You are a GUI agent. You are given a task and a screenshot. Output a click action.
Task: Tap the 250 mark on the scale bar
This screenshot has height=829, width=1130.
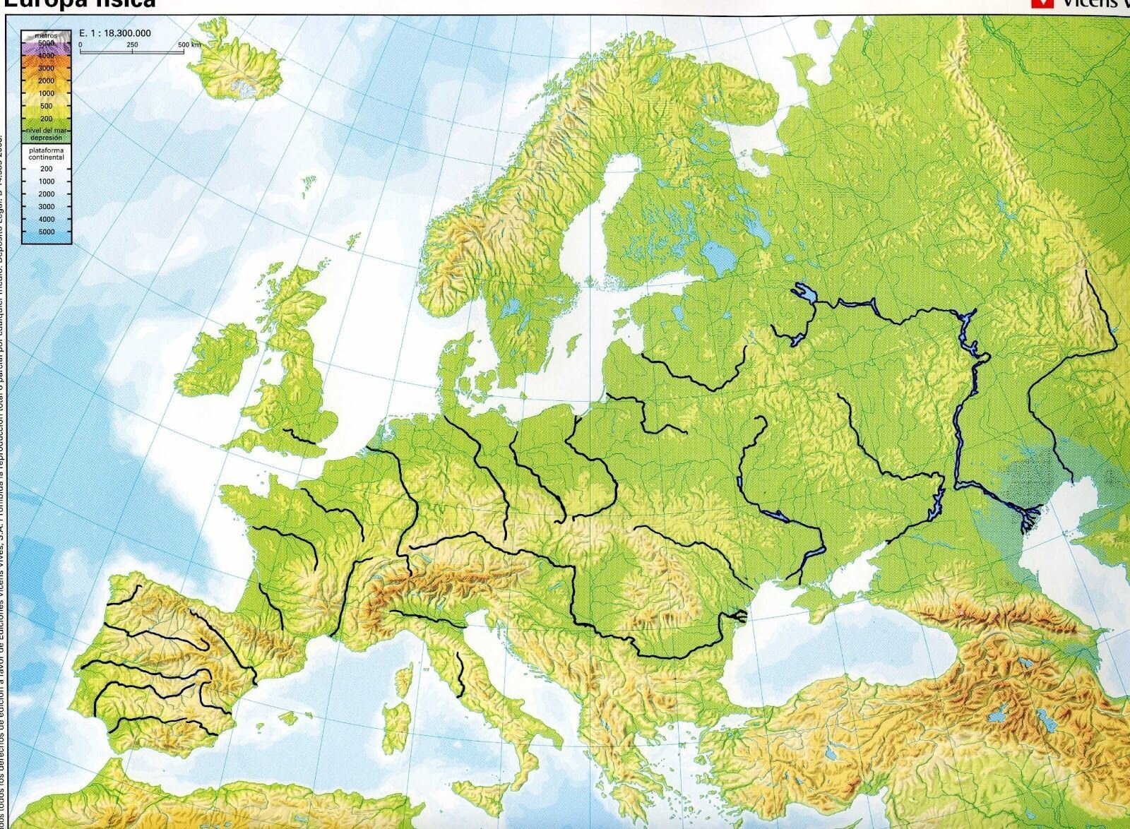(x=132, y=44)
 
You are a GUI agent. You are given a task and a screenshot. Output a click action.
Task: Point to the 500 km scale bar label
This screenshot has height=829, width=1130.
(x=190, y=44)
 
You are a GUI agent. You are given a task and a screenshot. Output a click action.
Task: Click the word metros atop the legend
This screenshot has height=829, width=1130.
(x=46, y=35)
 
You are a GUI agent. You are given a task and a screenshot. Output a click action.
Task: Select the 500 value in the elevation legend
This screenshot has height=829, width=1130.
(x=46, y=107)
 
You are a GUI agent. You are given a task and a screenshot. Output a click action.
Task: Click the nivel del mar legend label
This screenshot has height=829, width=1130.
(x=47, y=131)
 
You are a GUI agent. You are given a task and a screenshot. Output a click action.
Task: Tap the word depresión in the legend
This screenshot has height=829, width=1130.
(x=47, y=138)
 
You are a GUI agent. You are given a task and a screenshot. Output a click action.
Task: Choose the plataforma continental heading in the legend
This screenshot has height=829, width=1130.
(x=47, y=154)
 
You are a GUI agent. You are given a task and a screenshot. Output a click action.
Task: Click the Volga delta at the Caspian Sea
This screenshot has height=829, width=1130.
(x=1028, y=519)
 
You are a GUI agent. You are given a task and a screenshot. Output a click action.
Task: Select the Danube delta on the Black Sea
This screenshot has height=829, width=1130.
(x=738, y=616)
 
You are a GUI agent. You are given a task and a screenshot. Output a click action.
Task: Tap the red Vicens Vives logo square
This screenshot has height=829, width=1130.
(x=1037, y=4)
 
